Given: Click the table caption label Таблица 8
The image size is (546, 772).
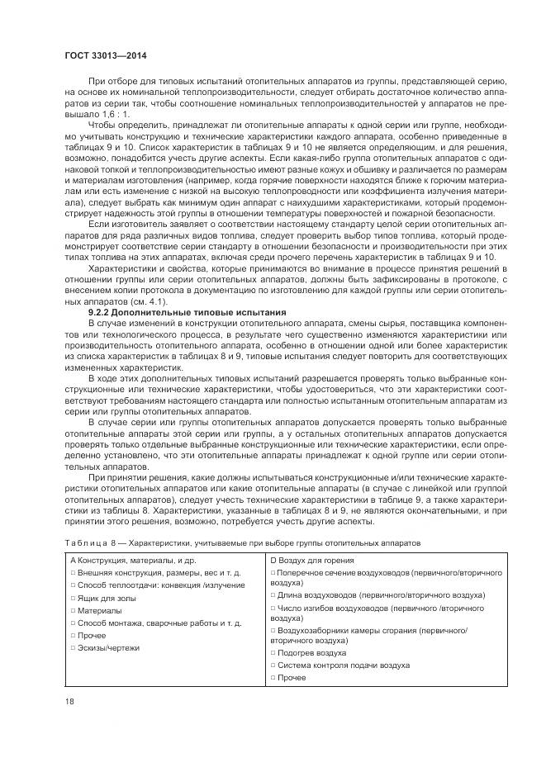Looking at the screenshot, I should click(91, 542).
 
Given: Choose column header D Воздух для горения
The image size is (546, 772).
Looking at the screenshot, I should click(314, 561).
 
